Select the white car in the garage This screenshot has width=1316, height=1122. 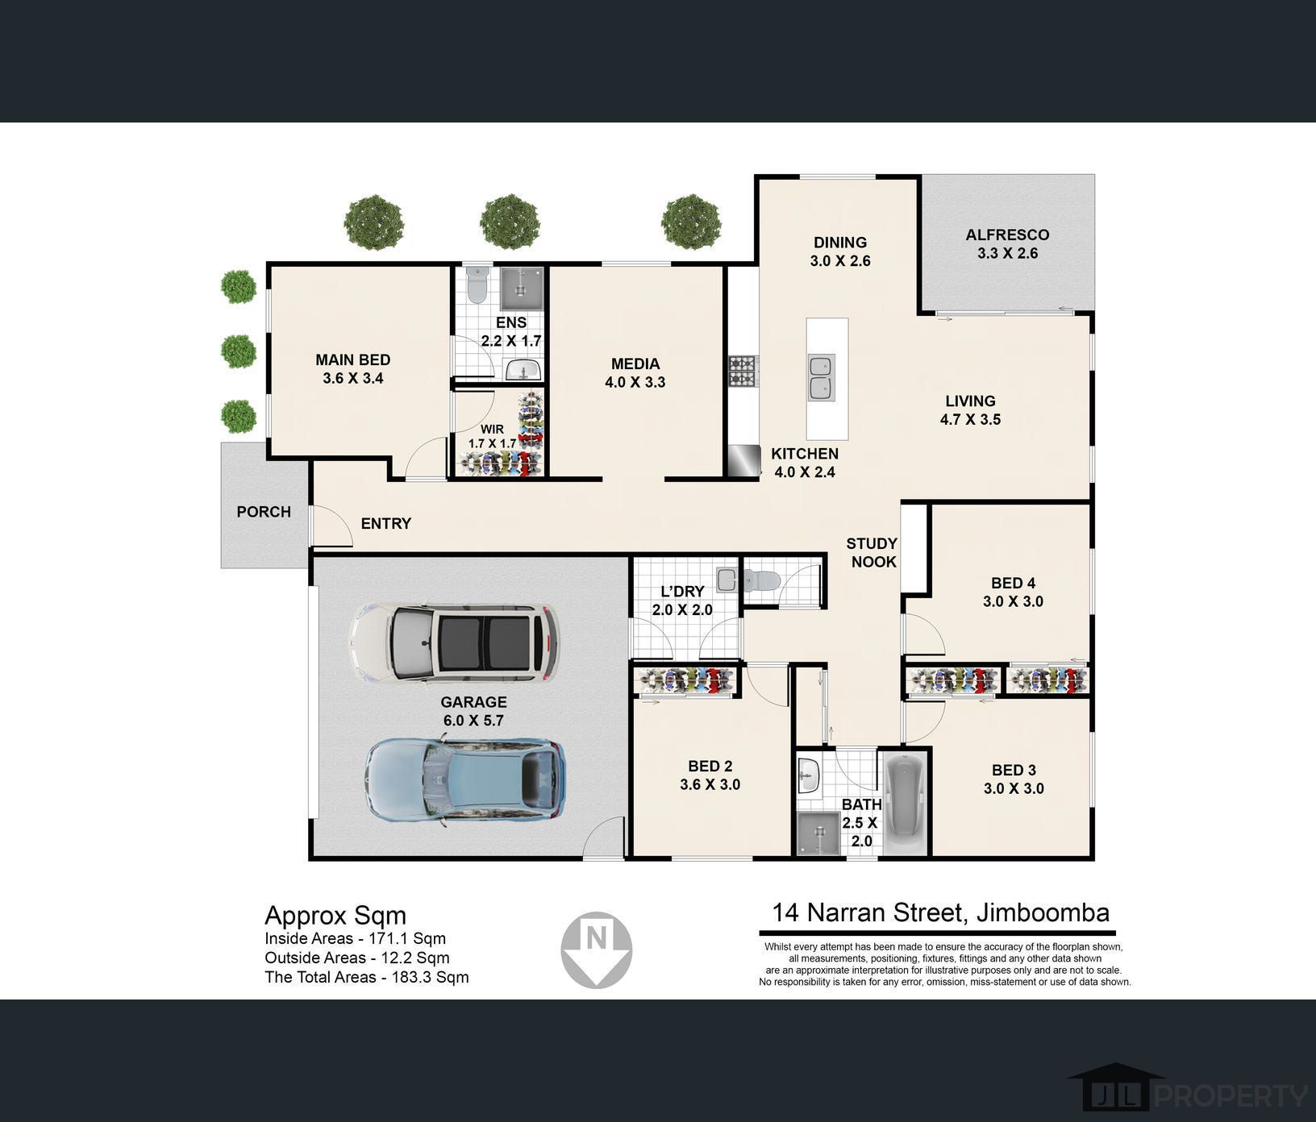[x=453, y=643]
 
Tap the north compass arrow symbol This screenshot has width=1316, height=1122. [x=597, y=950]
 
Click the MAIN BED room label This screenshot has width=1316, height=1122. [x=353, y=369]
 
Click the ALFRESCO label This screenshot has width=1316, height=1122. [x=1007, y=235]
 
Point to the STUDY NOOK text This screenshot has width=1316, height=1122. [x=872, y=553]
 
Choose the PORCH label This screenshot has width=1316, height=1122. [x=264, y=512]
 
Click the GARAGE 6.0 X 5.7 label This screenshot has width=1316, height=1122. [x=474, y=711]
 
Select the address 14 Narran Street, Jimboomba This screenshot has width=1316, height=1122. [x=941, y=912]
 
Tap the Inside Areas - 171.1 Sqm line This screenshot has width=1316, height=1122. [x=355, y=938]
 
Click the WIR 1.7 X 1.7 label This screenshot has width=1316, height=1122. [x=492, y=436]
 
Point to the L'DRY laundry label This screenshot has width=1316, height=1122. [x=682, y=592]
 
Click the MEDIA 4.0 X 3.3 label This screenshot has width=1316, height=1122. [x=635, y=373]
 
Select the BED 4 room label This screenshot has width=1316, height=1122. [x=1014, y=583]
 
